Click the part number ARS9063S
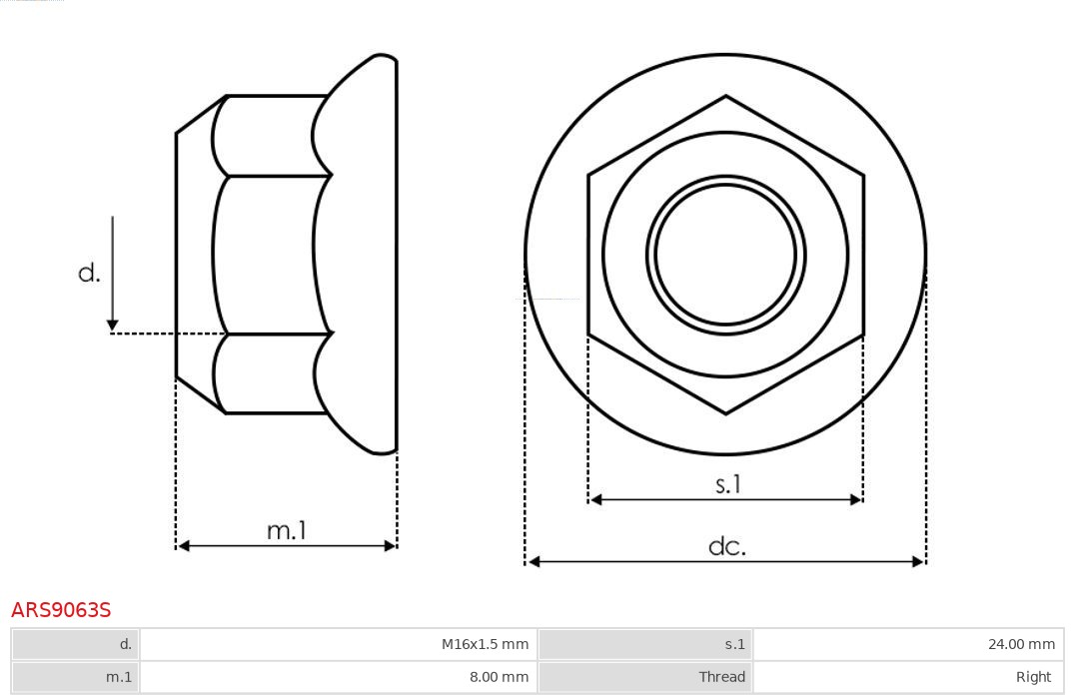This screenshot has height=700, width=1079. point(61,609)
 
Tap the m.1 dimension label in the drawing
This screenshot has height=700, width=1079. point(287,530)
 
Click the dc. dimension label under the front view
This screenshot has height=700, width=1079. point(726,546)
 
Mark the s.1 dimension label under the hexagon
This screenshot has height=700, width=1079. point(728,484)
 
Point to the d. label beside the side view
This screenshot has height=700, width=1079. point(90,273)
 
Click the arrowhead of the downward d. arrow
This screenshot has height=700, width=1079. point(113,325)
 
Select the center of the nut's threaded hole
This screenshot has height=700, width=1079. point(725,255)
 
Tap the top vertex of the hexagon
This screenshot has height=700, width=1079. point(725,97)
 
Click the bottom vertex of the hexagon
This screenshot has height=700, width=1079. point(725,412)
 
